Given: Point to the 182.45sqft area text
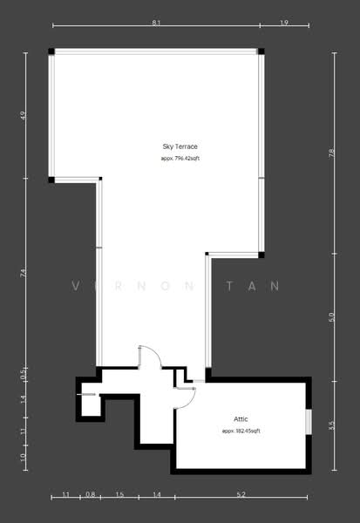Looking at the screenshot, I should click(x=241, y=431).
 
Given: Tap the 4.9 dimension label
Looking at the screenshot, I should click(x=24, y=115).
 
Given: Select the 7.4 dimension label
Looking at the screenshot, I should click(x=24, y=273).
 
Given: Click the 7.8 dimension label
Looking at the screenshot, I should click(x=331, y=153).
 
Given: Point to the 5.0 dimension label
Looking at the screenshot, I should click(x=331, y=317).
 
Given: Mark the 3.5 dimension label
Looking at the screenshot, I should click(x=331, y=425).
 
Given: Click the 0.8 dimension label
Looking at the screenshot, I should click(x=90, y=495).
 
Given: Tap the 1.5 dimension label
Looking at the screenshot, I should click(x=119, y=495).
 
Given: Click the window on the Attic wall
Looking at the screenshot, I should click(x=309, y=419).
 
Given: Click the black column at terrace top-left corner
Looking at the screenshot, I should click(x=51, y=52).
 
